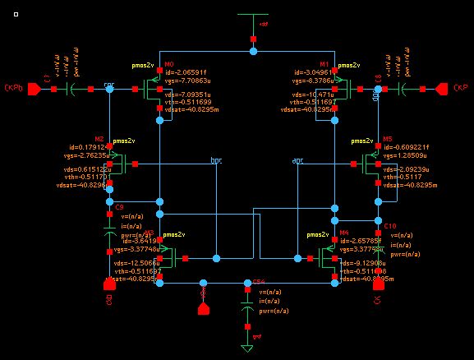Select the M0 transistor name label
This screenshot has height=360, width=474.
(169, 64)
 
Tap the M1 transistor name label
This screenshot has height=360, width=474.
(324, 64)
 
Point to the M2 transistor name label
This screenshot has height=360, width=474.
(99, 139)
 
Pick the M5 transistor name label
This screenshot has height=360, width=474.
(387, 139)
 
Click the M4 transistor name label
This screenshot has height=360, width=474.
(343, 233)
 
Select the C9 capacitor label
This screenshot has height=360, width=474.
(119, 207)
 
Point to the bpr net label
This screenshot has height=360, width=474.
(216, 160)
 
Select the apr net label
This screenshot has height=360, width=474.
(297, 160)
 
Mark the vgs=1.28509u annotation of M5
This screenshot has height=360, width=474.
(403, 155)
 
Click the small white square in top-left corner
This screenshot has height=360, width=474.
(16, 14)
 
